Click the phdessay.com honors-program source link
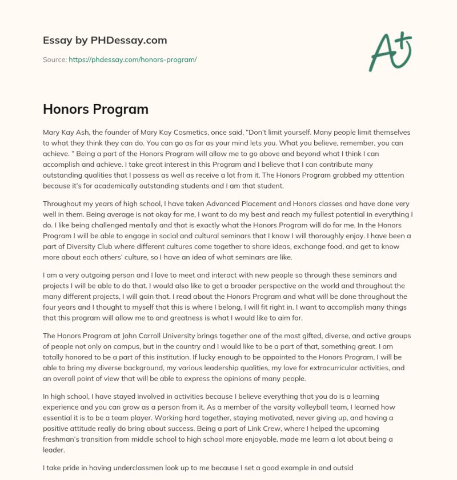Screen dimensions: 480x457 (133, 59)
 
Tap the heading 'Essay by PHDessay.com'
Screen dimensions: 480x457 (105, 40)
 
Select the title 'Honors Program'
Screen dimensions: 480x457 (95, 109)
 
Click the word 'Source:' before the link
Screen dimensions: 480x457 (54, 59)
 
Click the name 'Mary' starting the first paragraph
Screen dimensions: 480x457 (52, 132)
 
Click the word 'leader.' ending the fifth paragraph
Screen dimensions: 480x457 (55, 451)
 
